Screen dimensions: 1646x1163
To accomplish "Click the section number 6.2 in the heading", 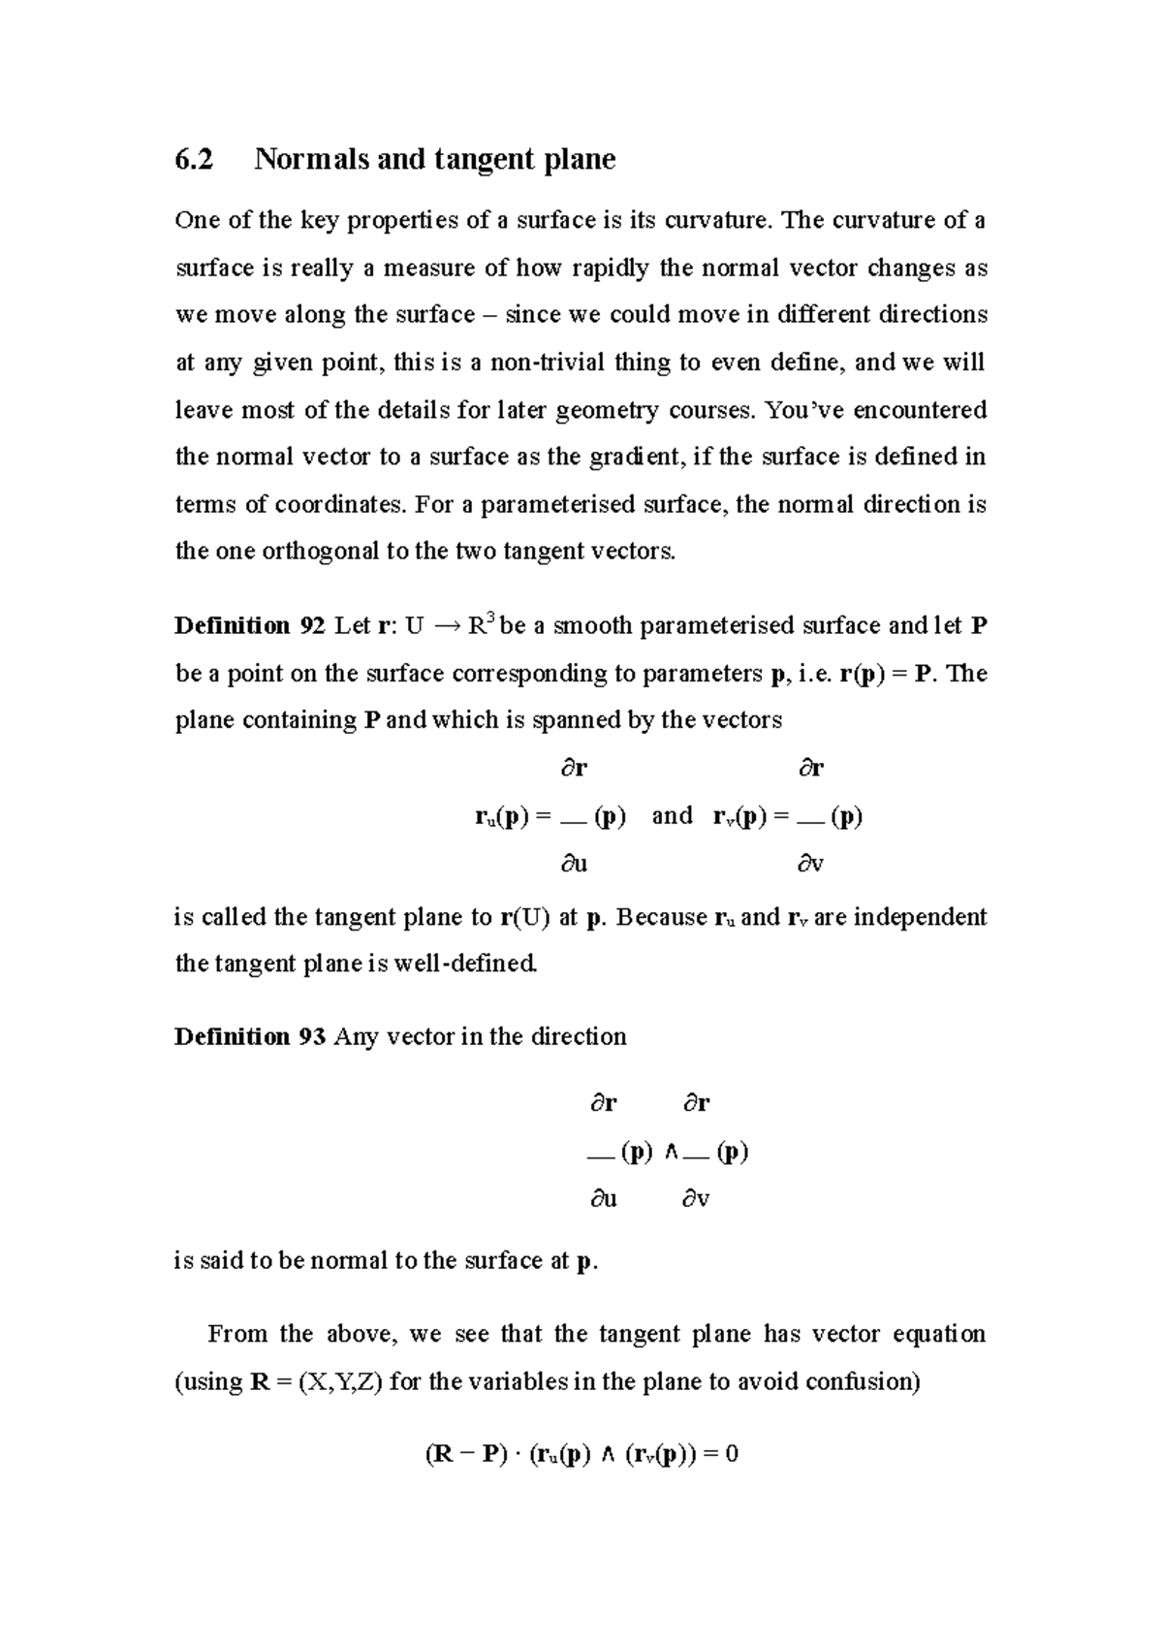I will pyautogui.click(x=193, y=159).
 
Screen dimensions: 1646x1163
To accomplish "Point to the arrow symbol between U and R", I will pyautogui.click(x=444, y=627).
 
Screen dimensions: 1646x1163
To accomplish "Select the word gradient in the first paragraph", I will pyautogui.click(x=634, y=457).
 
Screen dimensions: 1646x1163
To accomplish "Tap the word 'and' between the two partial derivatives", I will pyautogui.click(x=673, y=815).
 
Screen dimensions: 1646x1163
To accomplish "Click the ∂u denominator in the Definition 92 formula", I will pyautogui.click(x=574, y=864).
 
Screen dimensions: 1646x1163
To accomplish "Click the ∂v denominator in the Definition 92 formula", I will pyautogui.click(x=810, y=864).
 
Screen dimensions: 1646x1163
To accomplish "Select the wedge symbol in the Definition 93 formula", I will pyautogui.click(x=671, y=1153).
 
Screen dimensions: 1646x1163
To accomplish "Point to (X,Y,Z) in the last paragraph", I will pyautogui.click(x=340, y=1381).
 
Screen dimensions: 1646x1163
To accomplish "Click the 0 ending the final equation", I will pyautogui.click(x=732, y=1455).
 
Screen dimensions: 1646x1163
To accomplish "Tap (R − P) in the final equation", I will pyautogui.click(x=466, y=1455).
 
